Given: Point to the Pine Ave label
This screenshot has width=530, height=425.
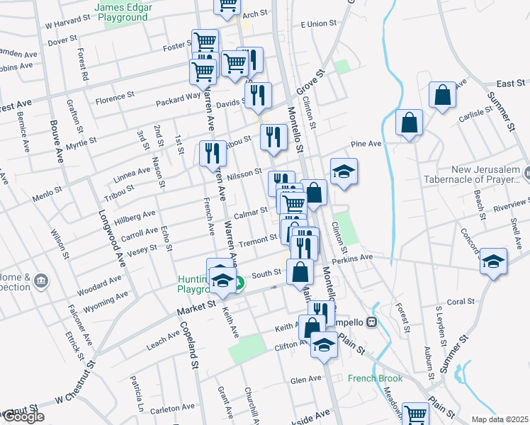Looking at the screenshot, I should (367, 144).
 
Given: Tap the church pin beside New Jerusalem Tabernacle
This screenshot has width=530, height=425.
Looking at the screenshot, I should (527, 171).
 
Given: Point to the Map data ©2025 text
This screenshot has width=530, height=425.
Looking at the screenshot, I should (500, 419).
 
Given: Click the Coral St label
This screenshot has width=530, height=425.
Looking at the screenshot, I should (461, 302).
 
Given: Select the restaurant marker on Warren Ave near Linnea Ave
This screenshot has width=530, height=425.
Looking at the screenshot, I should (211, 153).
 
